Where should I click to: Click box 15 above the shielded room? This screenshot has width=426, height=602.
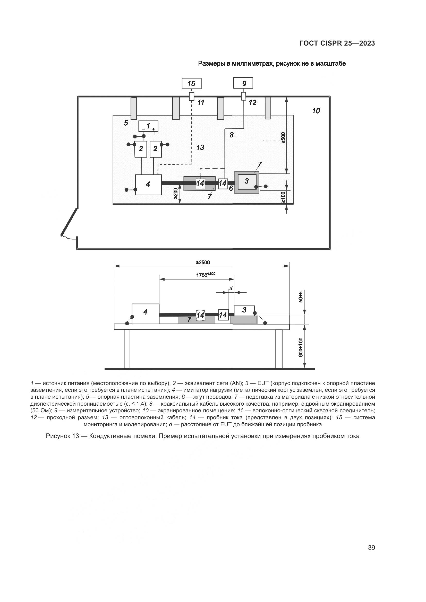(x=191, y=84)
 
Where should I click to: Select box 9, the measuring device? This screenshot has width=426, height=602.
(x=243, y=83)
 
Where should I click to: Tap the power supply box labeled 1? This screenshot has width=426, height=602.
(x=148, y=126)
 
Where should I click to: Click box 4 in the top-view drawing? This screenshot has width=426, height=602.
(x=148, y=185)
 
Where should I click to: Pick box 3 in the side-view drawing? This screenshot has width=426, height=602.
(x=244, y=310)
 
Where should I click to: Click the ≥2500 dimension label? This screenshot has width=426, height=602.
(x=203, y=262)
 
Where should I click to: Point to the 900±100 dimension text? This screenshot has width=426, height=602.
(x=301, y=347)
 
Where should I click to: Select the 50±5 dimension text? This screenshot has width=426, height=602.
(x=301, y=297)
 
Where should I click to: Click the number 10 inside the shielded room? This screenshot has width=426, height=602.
(x=316, y=111)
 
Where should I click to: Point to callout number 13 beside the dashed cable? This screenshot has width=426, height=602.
(x=200, y=147)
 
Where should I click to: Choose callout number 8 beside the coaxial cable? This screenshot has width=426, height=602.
(x=231, y=135)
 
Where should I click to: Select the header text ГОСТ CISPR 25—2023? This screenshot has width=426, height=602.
(x=337, y=43)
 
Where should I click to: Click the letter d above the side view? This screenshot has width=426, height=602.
(x=231, y=289)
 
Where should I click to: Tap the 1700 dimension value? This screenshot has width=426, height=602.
(x=201, y=275)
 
